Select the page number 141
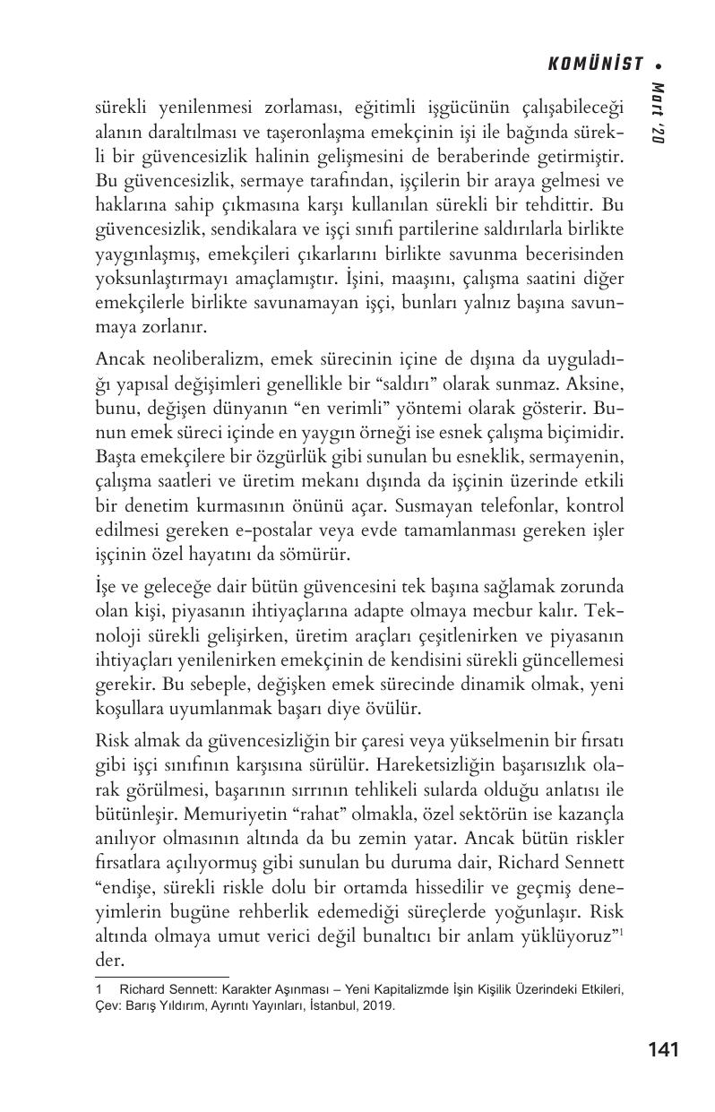click(662, 1049)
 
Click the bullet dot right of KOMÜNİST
click(659, 65)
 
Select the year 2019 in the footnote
click(376, 1005)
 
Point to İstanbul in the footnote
click(332, 1005)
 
